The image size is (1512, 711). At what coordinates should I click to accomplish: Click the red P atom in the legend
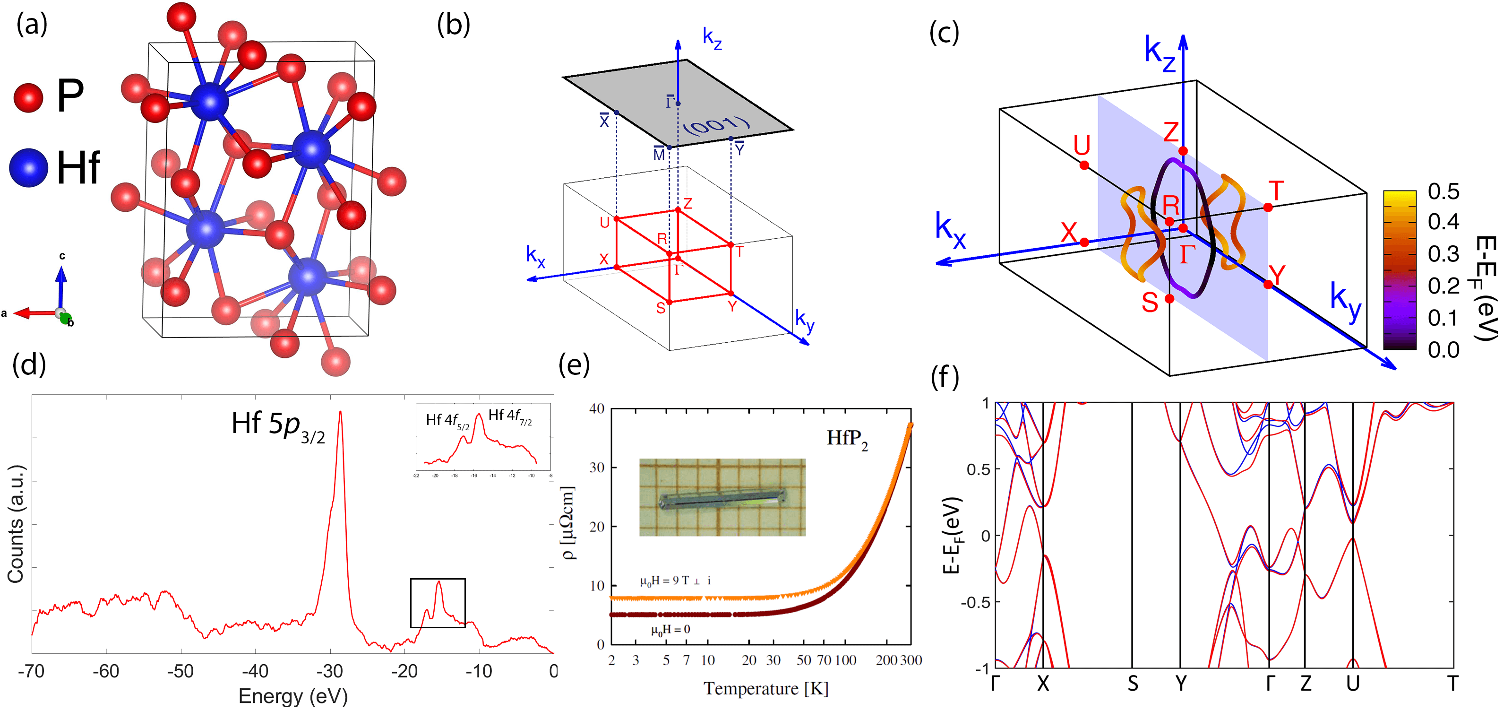pos(28,97)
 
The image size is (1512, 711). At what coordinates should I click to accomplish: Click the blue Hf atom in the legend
pos(28,167)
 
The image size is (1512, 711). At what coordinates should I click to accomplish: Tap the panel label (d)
pos(29,364)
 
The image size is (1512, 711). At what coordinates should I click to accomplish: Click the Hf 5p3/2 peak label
pos(278,425)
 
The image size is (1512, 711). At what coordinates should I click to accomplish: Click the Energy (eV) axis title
pos(293,696)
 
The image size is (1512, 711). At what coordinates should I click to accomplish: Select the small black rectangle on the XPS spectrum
pos(438,603)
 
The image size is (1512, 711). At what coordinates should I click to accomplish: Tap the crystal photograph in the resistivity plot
pos(722,497)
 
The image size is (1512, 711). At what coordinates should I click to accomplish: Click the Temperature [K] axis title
pos(766,689)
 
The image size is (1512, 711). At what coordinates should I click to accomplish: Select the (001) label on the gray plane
pos(717,126)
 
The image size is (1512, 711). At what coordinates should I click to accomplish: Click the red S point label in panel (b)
pos(661,308)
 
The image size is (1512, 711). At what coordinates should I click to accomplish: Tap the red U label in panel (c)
pos(1082,145)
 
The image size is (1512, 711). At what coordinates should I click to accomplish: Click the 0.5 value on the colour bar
pos(1443,191)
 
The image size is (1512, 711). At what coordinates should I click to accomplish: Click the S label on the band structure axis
pos(1133,684)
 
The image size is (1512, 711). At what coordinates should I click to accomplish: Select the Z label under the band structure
pos(1306,684)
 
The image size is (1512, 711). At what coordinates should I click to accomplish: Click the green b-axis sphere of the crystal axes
pos(66,319)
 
